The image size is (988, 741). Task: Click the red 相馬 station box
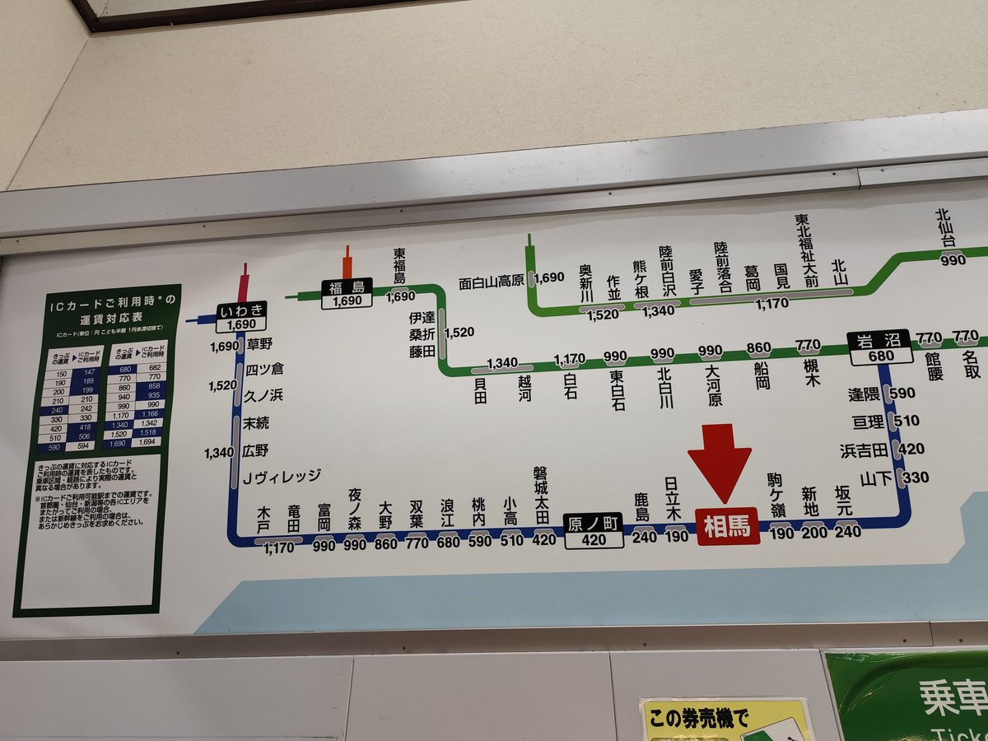(727, 527)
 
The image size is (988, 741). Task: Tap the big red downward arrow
(720, 461)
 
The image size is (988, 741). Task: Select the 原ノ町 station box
(593, 530)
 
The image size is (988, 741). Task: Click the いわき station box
(241, 317)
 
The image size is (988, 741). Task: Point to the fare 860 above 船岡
(757, 347)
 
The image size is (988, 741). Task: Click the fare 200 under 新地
(813, 533)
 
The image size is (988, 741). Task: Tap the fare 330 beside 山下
(915, 477)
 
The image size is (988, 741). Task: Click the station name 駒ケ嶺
(776, 494)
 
